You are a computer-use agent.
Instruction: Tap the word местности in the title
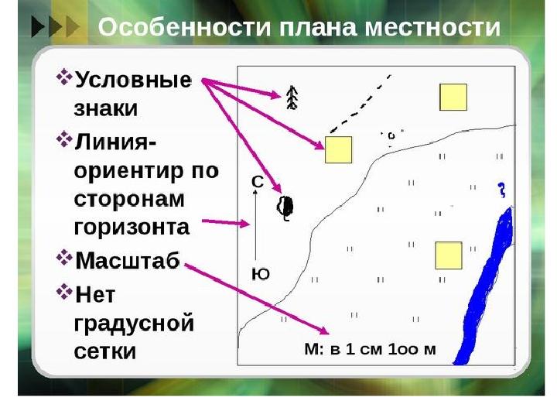(x=432, y=27)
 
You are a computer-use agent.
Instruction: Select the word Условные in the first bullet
(x=133, y=81)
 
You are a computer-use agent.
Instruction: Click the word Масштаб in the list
(x=128, y=261)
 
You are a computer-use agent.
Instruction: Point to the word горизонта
(x=132, y=228)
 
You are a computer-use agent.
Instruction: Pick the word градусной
(x=134, y=324)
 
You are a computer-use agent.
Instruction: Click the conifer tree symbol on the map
(x=292, y=98)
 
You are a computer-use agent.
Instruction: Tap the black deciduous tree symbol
(x=285, y=208)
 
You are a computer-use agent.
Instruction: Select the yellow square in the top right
(x=453, y=97)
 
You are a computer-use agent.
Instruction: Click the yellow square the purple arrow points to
(x=339, y=149)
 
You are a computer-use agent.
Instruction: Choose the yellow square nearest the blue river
(x=449, y=255)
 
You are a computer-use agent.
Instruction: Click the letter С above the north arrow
(x=258, y=182)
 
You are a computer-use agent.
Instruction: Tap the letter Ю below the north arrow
(x=261, y=274)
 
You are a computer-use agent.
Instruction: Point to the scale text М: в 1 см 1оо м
(x=370, y=349)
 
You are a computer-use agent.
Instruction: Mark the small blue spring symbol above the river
(x=501, y=190)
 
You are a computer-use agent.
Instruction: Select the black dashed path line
(x=360, y=104)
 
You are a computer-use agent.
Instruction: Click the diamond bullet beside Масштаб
(x=64, y=257)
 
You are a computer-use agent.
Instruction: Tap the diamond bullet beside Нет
(x=64, y=292)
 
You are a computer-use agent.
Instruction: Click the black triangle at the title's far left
(x=38, y=27)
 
